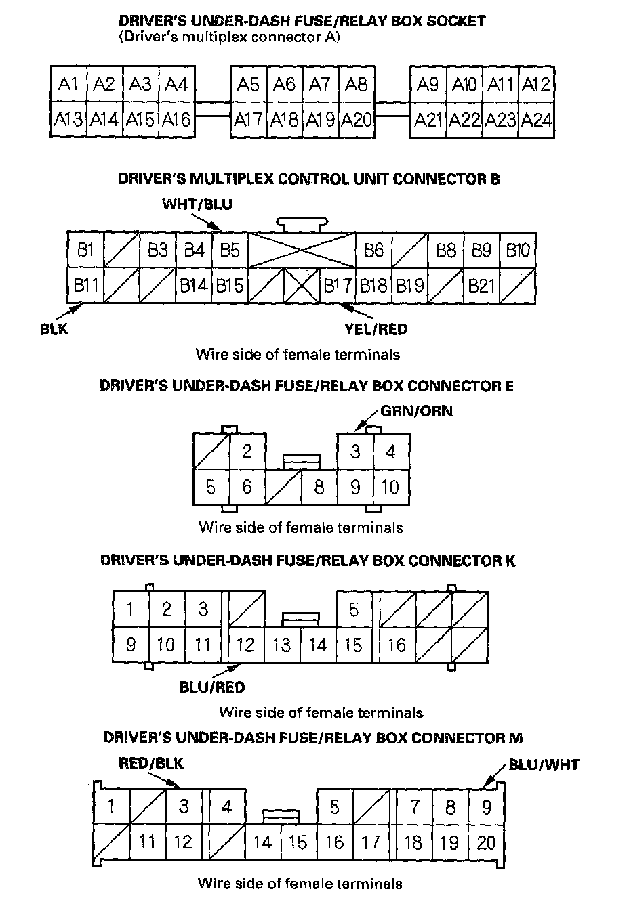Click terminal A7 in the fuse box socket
(x=320, y=84)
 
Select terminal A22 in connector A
(x=464, y=120)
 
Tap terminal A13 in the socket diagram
(x=68, y=120)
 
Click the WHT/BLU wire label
(x=197, y=204)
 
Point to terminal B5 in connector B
(x=230, y=251)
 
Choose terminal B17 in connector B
(x=338, y=286)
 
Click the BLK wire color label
(x=54, y=329)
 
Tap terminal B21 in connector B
(x=482, y=286)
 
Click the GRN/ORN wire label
(x=416, y=410)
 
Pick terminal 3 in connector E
(x=354, y=451)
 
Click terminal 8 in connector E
(x=319, y=487)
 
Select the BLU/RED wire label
(x=212, y=687)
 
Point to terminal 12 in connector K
(x=245, y=644)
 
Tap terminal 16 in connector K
(x=397, y=644)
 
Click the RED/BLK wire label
(x=151, y=763)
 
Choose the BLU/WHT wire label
(x=544, y=764)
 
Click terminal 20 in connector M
(x=486, y=842)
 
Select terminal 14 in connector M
(x=262, y=842)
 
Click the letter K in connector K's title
(x=510, y=561)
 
